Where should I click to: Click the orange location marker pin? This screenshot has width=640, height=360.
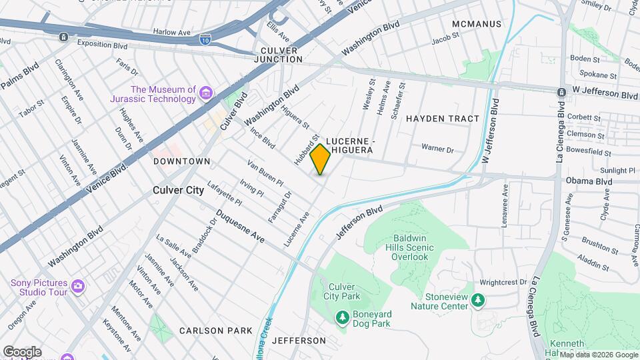point(321,159)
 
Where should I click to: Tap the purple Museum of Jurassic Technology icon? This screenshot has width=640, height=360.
point(206,95)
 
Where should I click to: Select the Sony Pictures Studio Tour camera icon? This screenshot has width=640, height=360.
point(78,287)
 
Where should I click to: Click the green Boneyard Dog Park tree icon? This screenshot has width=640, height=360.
point(342,317)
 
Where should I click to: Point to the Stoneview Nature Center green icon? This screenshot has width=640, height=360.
point(477,301)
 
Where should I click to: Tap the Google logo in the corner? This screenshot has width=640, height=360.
point(22,351)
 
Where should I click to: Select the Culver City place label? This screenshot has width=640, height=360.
point(178,190)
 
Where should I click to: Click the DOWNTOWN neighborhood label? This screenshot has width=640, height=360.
point(181,161)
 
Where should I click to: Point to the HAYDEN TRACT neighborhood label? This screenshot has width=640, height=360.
point(443,119)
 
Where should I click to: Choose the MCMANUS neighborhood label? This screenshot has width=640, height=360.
point(476,24)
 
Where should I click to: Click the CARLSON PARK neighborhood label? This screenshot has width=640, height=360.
point(215,331)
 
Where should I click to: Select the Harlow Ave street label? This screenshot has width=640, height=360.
point(172,31)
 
